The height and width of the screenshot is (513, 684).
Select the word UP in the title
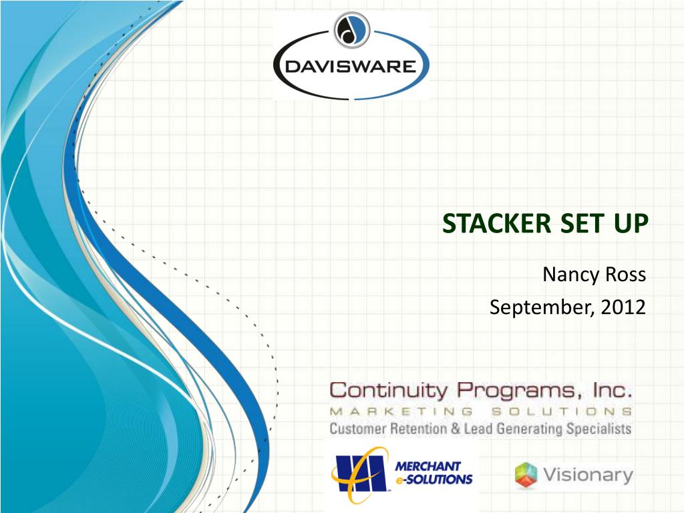coord(627,224)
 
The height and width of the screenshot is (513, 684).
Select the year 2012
coord(622,307)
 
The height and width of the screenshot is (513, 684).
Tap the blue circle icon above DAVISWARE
coord(351,30)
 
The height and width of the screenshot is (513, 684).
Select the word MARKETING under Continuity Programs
coord(401,411)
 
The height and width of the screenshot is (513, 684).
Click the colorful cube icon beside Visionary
coord(526,476)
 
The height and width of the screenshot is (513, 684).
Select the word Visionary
coord(587,475)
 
